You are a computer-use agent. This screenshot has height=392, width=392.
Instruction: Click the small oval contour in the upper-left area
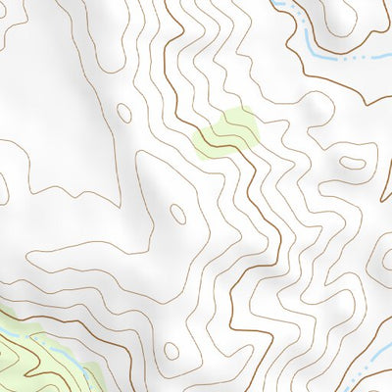123,112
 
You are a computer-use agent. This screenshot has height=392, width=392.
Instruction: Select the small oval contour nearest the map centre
177,210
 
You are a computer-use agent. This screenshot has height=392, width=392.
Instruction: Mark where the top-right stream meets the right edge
390,59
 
